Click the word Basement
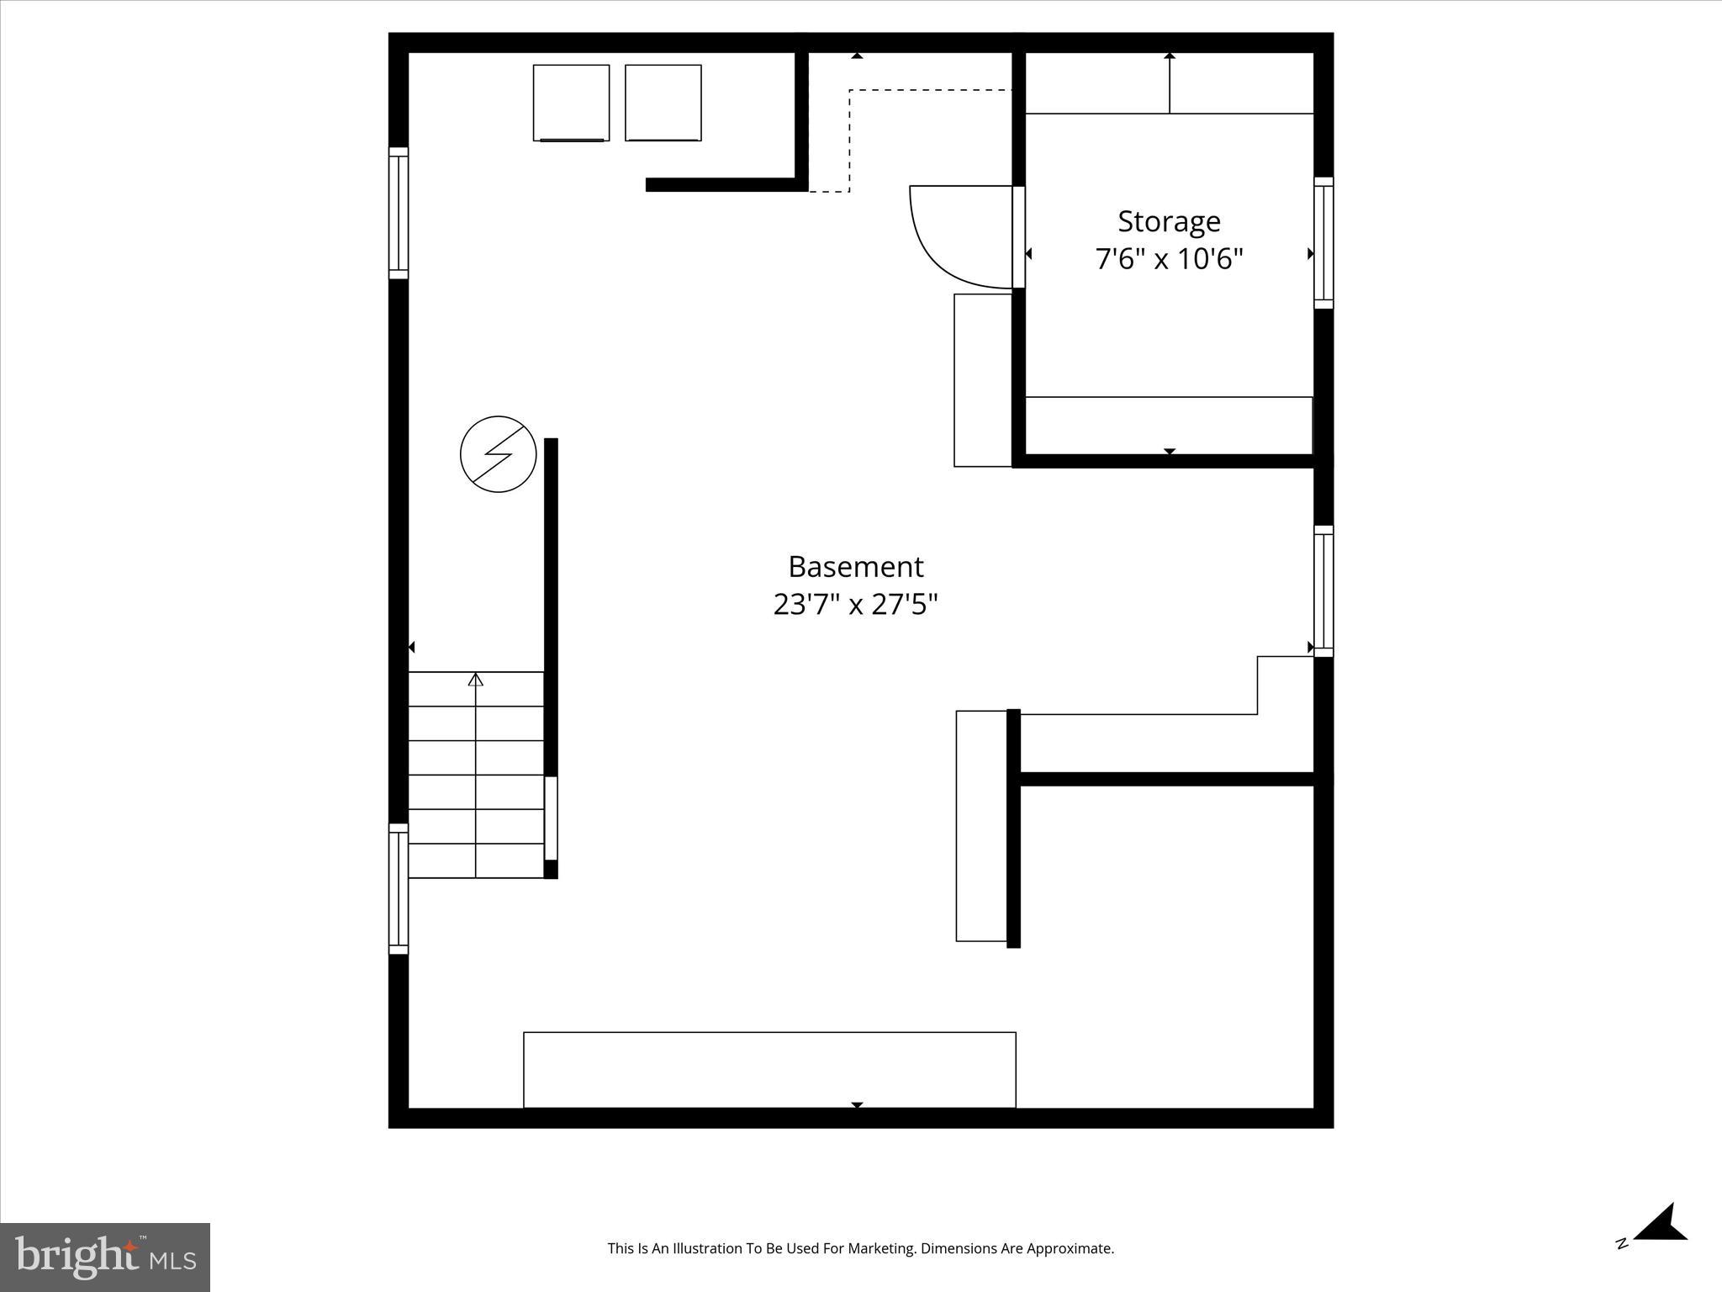pyautogui.click(x=855, y=567)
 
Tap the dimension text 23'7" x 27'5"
pyautogui.click(x=855, y=604)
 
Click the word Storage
pyautogui.click(x=1169, y=221)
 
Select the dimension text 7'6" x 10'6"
pyautogui.click(x=1169, y=258)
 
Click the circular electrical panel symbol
pyautogui.click(x=499, y=454)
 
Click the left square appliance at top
pyautogui.click(x=571, y=103)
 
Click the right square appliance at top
pyautogui.click(x=663, y=103)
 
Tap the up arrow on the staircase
pyautogui.click(x=476, y=680)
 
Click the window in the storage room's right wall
pyautogui.click(x=1323, y=243)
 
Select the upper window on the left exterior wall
pyautogui.click(x=398, y=213)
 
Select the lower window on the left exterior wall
pyautogui.click(x=398, y=889)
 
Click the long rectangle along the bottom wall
pyautogui.click(x=769, y=1070)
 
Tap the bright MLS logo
pyautogui.click(x=105, y=1257)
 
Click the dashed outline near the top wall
pyautogui.click(x=849, y=139)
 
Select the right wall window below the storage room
pyautogui.click(x=1323, y=591)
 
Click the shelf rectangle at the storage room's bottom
pyautogui.click(x=1169, y=426)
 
